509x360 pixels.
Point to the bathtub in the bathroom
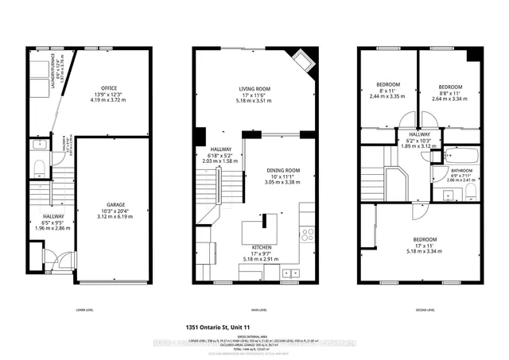[x=459, y=155]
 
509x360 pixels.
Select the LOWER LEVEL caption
[x=84, y=310]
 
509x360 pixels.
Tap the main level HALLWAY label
[x=220, y=148]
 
